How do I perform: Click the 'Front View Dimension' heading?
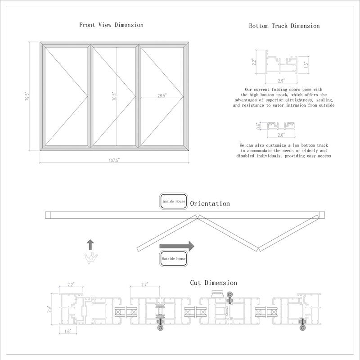point(111,25)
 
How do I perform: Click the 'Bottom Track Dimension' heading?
point(284,26)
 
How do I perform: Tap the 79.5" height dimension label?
point(27,97)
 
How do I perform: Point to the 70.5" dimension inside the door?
point(114,96)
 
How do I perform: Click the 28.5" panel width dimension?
point(162,95)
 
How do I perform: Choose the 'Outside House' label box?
point(173,259)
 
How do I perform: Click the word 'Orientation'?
point(210,204)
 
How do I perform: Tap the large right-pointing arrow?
point(176,246)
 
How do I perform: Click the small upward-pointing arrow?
point(90,245)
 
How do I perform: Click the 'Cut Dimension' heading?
point(213,283)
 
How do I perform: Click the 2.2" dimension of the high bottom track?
point(253,62)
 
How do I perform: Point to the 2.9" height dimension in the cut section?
point(50,308)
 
